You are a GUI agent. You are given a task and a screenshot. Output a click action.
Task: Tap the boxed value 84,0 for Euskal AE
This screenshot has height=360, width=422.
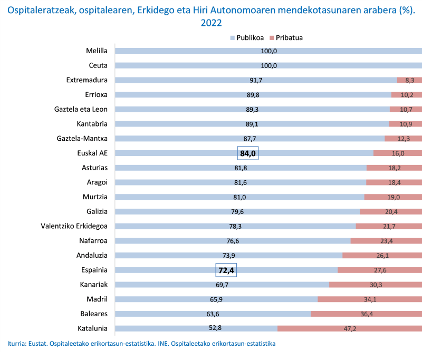[247, 153]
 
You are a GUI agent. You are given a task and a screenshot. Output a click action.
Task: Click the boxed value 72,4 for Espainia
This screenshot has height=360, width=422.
[226, 270]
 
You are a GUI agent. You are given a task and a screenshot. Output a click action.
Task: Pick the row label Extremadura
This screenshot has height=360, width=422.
[87, 80]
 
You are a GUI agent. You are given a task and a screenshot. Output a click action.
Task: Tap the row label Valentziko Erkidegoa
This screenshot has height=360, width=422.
[74, 226]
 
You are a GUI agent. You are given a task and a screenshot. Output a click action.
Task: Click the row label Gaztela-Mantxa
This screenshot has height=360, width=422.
[82, 139]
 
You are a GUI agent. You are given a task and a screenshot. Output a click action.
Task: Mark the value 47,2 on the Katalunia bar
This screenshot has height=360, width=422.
[350, 329]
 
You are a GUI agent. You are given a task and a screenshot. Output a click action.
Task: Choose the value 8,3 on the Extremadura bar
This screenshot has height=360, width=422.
[409, 81]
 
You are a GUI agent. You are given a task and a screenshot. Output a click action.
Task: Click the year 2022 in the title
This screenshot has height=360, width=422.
[211, 23]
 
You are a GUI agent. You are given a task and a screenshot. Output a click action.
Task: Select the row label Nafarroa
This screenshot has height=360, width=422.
[92, 241]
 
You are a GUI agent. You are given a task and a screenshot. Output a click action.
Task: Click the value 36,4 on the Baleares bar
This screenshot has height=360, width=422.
[366, 314]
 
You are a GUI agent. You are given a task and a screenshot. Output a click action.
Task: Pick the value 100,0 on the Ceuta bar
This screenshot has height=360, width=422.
[268, 66]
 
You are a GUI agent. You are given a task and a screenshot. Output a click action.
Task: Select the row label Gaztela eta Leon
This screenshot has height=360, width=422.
[81, 110]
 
